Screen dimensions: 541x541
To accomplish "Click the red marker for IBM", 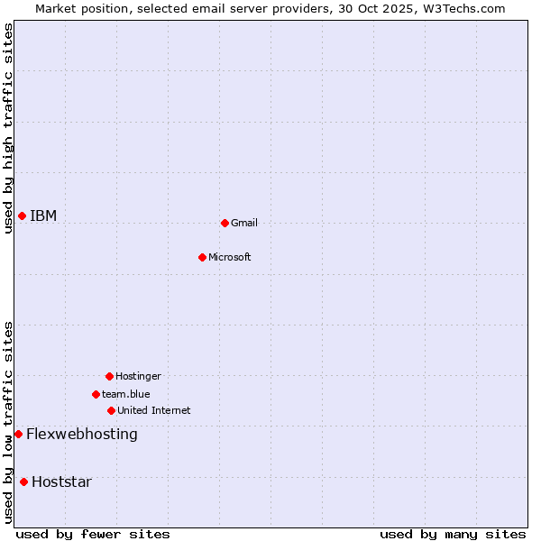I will (22, 215).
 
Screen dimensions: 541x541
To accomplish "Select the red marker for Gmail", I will (225, 223).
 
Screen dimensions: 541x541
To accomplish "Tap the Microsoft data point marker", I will (202, 257).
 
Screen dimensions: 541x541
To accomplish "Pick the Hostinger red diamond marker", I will (109, 376).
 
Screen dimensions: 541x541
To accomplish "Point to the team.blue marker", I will (96, 394).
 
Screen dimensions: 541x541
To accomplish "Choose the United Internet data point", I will (111, 410).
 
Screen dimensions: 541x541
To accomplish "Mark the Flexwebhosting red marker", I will (18, 434).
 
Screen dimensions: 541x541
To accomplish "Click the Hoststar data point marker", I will (23, 481).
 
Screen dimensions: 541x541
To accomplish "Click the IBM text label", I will (43, 215).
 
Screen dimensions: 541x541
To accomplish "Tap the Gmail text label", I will (244, 223).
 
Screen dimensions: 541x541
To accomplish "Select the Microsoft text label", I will (230, 257).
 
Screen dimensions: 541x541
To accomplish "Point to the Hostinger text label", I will (138, 376).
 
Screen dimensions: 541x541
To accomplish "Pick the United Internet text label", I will (154, 410).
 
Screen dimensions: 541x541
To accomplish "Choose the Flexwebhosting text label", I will (82, 434).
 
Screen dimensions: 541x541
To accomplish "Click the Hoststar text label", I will (61, 481).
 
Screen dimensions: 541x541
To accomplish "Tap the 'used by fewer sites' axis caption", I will (93, 534).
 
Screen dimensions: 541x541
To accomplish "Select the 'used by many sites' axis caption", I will (453, 534).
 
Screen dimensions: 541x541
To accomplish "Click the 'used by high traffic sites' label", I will (8, 128).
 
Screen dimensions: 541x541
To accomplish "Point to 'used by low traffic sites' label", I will (8, 422).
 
